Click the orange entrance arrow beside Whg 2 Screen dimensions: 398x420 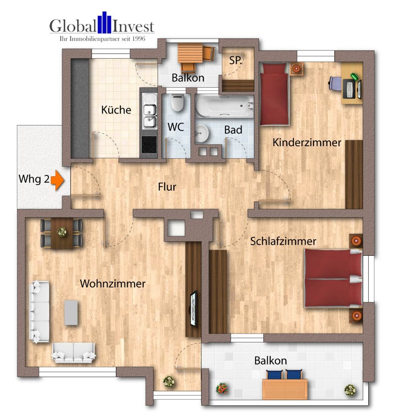(x=57, y=180)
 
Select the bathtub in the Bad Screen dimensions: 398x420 (x=225, y=106)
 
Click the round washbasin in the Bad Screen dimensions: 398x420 (x=202, y=134)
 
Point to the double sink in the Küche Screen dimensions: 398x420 (x=149, y=110)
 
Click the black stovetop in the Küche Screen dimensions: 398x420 (x=149, y=144)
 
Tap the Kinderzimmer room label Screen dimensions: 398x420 (x=306, y=142)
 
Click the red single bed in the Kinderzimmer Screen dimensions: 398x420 (x=274, y=94)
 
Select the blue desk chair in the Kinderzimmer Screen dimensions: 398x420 (x=335, y=83)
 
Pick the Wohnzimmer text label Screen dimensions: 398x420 (x=113, y=283)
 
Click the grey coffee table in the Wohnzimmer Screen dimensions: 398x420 (x=71, y=312)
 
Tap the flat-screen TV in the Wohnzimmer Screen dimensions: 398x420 (x=194, y=309)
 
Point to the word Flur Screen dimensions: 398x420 (x=167, y=187)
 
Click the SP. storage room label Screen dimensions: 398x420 (x=236, y=60)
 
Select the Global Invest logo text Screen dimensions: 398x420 (x=102, y=26)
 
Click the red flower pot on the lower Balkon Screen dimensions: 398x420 (x=222, y=388)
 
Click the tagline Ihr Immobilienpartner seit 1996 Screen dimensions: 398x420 (x=102, y=39)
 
